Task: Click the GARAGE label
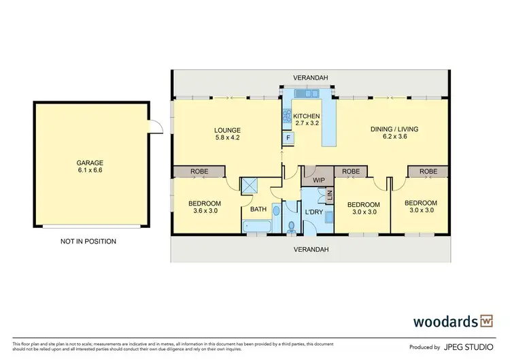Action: [90, 163]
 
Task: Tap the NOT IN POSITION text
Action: [88, 241]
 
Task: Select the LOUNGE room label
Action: [227, 130]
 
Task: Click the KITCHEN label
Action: [306, 116]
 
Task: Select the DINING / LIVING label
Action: [394, 129]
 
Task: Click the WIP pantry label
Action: [318, 182]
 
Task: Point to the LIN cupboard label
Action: [330, 195]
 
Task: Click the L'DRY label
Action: [313, 212]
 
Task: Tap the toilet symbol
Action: [291, 226]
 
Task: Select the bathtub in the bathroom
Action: [257, 227]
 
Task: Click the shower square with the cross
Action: [250, 184]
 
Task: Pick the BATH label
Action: [258, 210]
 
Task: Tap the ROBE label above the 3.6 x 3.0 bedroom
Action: [199, 172]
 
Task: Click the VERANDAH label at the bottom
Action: [311, 250]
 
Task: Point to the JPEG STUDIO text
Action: [470, 345]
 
